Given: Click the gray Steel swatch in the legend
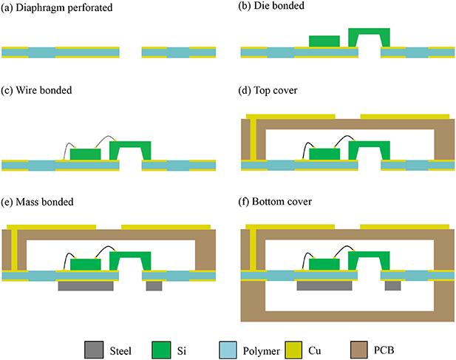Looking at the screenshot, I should (x=95, y=348).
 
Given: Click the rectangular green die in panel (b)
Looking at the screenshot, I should (x=325, y=41).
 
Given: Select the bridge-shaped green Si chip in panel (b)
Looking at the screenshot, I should (x=369, y=33).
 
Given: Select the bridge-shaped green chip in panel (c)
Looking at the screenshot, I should (x=130, y=146).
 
